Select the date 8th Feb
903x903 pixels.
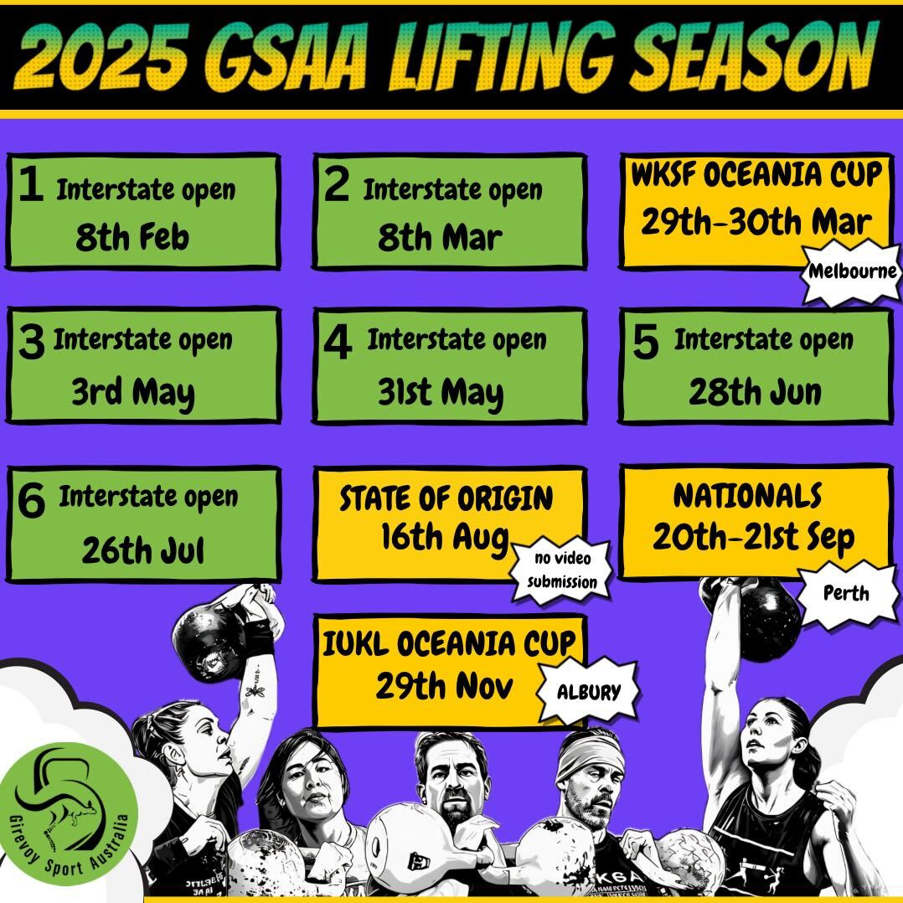tap(132, 237)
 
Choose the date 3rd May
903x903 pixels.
tap(133, 393)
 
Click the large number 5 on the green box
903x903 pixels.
tap(645, 342)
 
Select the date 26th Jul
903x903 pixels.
tap(143, 550)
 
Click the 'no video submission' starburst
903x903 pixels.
tap(561, 570)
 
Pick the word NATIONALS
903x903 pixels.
tap(747, 496)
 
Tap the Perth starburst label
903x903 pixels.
tap(845, 594)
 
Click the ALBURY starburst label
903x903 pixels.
tap(589, 692)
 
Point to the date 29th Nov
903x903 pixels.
tap(444, 686)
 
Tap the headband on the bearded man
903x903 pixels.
tap(591, 754)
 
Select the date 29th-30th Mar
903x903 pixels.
tap(756, 222)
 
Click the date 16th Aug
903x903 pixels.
tap(445, 537)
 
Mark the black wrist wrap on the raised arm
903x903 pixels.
tap(259, 636)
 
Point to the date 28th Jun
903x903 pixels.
tap(755, 392)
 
